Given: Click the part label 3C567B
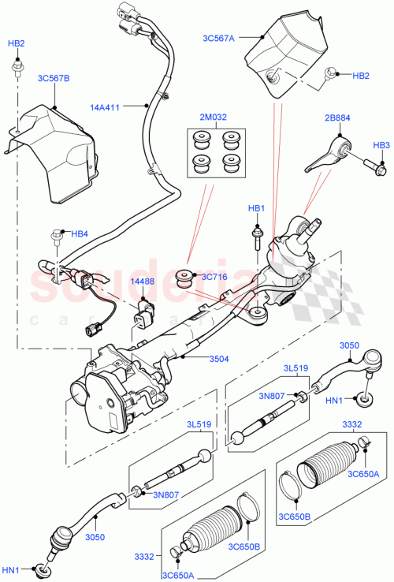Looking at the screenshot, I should pyautogui.click(x=53, y=79).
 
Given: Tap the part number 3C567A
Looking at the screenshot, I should pyautogui.click(x=217, y=37).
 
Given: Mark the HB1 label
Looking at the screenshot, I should pyautogui.click(x=255, y=208).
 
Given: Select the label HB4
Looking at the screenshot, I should pyautogui.click(x=80, y=234).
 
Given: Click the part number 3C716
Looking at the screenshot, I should pyautogui.click(x=214, y=277).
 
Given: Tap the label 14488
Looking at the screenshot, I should pyautogui.click(x=141, y=280).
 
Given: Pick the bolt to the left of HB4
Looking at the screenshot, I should pyautogui.click(x=56, y=235).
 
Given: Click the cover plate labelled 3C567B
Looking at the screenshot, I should pyautogui.click(x=59, y=154).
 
